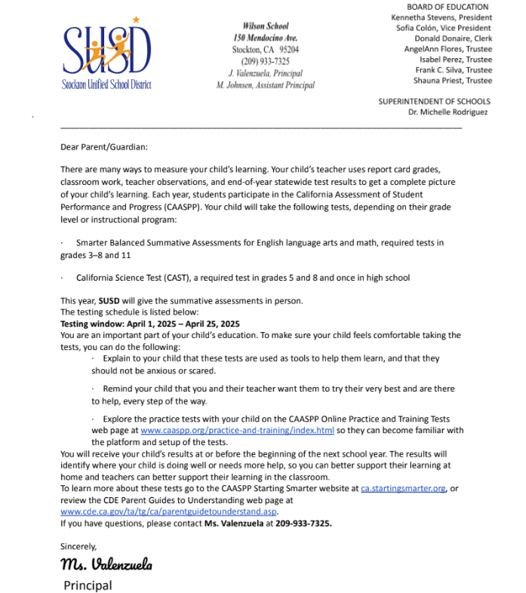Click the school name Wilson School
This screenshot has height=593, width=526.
pyautogui.click(x=265, y=26)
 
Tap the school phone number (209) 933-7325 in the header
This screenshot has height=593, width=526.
pyautogui.click(x=265, y=61)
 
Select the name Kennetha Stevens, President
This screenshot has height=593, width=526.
pyautogui.click(x=441, y=17)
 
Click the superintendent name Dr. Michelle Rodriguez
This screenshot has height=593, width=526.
pyautogui.click(x=448, y=112)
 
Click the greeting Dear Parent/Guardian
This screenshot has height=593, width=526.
pyautogui.click(x=104, y=147)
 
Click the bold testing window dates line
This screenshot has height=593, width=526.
pyautogui.click(x=149, y=324)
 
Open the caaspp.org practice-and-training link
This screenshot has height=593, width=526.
pyautogui.click(x=237, y=430)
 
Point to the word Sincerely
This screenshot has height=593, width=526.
pyautogui.click(x=78, y=545)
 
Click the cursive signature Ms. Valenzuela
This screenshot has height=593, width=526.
pyautogui.click(x=106, y=564)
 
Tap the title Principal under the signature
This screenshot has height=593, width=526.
pyautogui.click(x=88, y=585)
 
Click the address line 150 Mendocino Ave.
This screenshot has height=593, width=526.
pyautogui.click(x=265, y=38)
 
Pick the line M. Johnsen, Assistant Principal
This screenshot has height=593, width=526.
pyautogui.click(x=265, y=85)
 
